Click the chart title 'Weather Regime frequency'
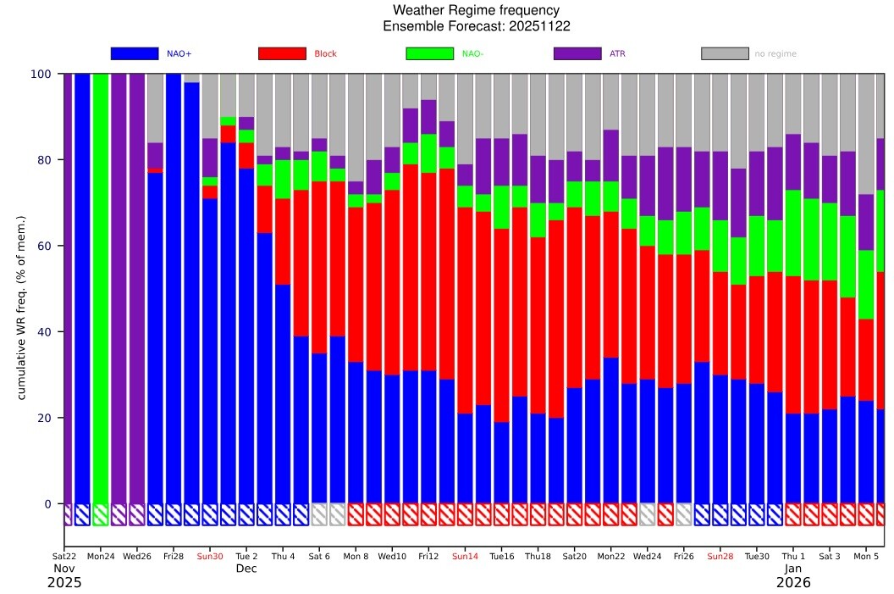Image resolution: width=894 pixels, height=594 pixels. coord(476,10)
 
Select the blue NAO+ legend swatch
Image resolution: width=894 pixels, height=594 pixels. coord(135,53)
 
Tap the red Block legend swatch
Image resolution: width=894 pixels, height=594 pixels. coord(282,53)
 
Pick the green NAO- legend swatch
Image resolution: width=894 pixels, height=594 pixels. coord(430,53)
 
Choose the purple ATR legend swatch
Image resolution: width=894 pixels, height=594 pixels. coord(577,53)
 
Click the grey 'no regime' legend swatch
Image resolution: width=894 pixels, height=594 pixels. coord(726,53)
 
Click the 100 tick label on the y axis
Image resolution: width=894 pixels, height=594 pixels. coord(41,75)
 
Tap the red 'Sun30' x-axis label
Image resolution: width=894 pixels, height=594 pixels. coord(210,557)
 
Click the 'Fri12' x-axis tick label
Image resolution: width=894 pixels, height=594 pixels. coord(428,557)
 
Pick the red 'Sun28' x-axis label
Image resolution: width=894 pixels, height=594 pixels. coord(720,557)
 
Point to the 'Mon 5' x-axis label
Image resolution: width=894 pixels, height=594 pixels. coord(866,557)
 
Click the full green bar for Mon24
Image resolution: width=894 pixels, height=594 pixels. coord(101,289)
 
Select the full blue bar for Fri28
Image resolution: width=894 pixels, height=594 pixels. coord(174,289)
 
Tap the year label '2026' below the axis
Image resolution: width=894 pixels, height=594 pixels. coord(793,583)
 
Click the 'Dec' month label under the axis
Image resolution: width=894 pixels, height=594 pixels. coord(246,569)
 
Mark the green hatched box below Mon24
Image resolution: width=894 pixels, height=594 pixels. coord(101,514)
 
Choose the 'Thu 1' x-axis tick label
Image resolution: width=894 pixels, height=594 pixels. coord(793,557)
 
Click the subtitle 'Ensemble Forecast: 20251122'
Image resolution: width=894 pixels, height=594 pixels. coord(476,26)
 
